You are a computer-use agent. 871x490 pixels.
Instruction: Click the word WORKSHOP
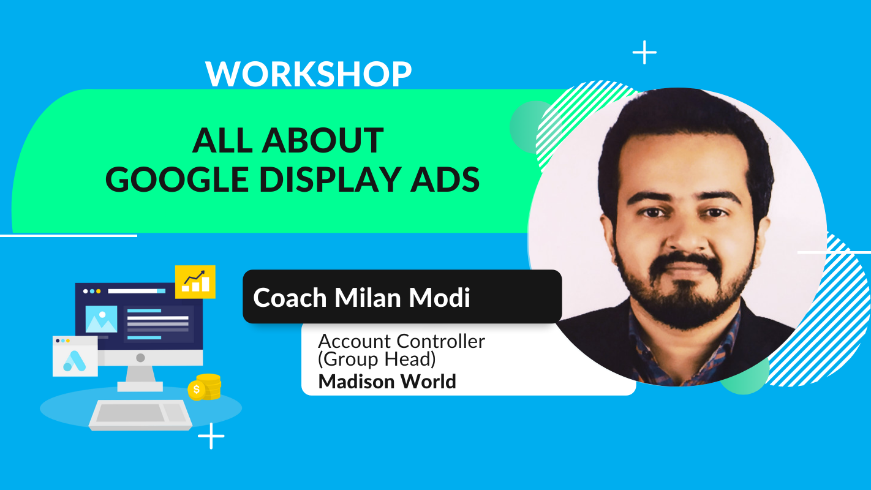[x=308, y=74]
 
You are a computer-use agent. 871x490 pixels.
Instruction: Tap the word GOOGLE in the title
[x=177, y=179]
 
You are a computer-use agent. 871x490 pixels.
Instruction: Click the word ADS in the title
[x=445, y=179]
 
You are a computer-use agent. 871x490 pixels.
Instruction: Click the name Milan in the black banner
[x=368, y=298]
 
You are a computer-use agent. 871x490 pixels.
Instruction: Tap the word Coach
[x=290, y=298]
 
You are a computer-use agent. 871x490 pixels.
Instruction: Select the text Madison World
[x=387, y=382]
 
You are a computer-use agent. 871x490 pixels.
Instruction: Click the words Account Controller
[x=401, y=341]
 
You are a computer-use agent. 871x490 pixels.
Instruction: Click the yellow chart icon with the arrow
[x=195, y=282]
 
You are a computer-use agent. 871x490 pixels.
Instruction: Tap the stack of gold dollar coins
[x=205, y=387]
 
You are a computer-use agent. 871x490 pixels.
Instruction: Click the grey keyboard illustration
[x=140, y=415]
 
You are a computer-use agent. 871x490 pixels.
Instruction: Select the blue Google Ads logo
[x=75, y=361]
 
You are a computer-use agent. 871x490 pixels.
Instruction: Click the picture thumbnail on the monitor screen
[x=101, y=319]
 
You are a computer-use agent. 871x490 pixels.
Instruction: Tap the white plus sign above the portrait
[x=645, y=52]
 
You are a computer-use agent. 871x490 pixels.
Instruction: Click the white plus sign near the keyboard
[x=211, y=436]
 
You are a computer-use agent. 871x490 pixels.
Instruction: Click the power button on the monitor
[x=140, y=357]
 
